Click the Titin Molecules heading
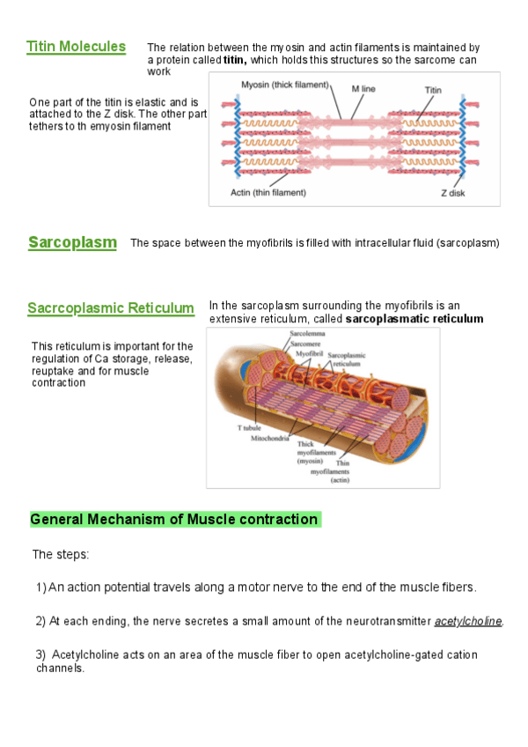click(76, 47)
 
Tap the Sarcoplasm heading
click(72, 242)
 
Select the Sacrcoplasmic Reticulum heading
click(111, 308)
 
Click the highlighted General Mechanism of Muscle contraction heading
click(174, 520)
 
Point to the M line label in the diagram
click(364, 89)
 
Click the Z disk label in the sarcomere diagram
click(453, 192)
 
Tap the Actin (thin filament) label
click(268, 192)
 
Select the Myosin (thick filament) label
click(284, 85)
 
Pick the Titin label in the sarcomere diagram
click(433, 90)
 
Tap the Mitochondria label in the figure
click(270, 438)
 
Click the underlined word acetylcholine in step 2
click(468, 622)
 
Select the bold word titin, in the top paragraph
click(235, 60)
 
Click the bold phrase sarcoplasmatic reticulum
click(414, 319)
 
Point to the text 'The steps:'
click(61, 555)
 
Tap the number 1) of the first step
click(40, 588)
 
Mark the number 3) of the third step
click(40, 655)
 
